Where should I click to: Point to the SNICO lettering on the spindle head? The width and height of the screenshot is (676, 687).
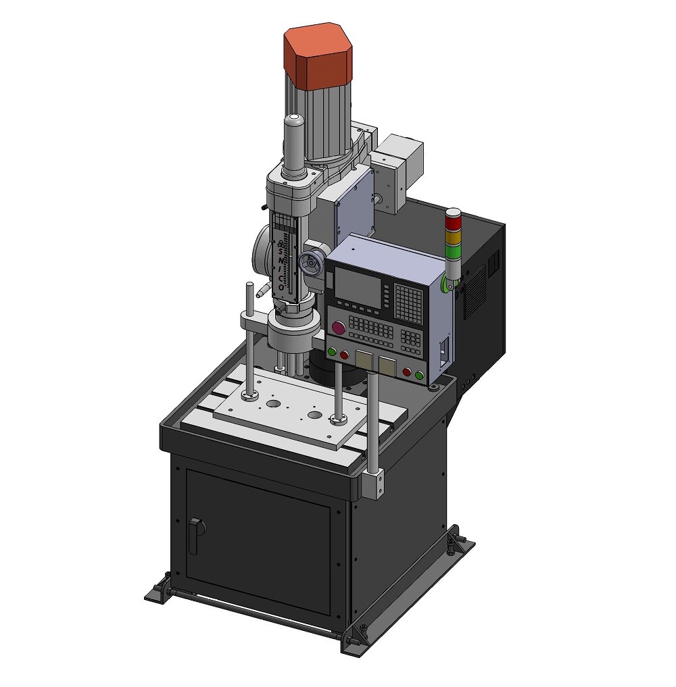(281, 263)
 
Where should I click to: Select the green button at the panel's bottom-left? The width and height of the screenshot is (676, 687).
(332, 351)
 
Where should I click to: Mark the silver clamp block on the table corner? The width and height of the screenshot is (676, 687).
(372, 484)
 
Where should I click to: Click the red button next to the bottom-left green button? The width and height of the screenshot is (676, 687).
(344, 355)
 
